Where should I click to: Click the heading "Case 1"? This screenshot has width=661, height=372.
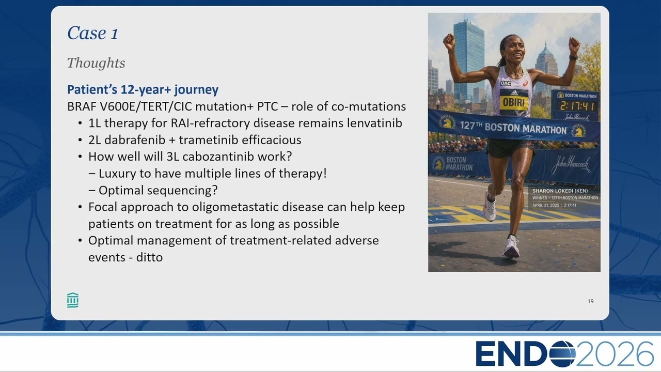[x=92, y=33]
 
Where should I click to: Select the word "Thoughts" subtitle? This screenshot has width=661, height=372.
[x=96, y=63]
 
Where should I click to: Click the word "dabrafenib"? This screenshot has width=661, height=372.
[x=135, y=140]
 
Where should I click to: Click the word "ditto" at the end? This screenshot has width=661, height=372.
[x=149, y=257]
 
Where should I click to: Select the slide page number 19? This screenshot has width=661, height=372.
[x=590, y=301]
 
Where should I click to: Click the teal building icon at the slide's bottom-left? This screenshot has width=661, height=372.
[x=73, y=300]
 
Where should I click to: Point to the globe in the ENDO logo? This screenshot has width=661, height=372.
[x=562, y=354]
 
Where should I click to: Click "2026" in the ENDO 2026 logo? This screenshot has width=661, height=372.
[x=615, y=354]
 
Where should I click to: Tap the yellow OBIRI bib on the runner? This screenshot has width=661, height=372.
[x=514, y=102]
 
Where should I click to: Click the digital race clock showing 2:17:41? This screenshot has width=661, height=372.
[x=577, y=106]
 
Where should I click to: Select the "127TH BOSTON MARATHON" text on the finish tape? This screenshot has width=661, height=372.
[x=513, y=128]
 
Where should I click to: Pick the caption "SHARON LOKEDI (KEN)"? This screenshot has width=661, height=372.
[x=560, y=191]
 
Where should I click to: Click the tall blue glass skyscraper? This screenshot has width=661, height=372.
[x=468, y=59]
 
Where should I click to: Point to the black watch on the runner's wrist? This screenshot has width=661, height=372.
[x=573, y=57]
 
